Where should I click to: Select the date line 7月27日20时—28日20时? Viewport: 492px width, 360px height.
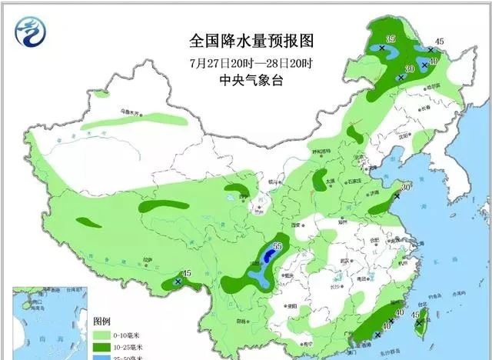tap(245, 62)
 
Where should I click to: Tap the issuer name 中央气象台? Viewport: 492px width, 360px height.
tap(245, 80)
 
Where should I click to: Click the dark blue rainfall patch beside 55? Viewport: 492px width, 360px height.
tap(268, 255)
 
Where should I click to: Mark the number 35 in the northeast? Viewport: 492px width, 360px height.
tap(391, 38)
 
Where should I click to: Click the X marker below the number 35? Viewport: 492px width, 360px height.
tap(382, 48)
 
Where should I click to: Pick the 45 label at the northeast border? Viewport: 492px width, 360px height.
tap(440, 42)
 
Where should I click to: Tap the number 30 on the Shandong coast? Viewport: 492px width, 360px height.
tap(406, 186)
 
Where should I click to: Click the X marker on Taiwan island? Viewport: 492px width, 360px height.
tap(419, 323)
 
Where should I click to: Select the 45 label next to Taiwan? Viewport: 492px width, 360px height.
tap(416, 314)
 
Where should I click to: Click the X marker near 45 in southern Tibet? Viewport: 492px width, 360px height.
tap(178, 282)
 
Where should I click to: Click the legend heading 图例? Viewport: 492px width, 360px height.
tap(102, 320)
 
